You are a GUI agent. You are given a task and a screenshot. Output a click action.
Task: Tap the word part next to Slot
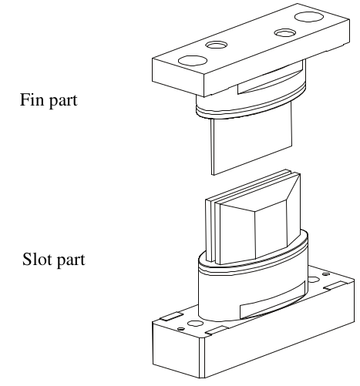click(x=70, y=260)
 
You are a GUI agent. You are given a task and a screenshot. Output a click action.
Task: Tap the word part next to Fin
click(x=62, y=101)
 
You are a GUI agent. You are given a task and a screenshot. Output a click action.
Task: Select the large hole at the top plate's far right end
click(x=309, y=17)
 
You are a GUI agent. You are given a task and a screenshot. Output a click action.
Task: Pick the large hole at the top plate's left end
click(x=193, y=61)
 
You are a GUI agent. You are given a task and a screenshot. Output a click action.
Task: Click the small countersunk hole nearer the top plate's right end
click(x=285, y=33)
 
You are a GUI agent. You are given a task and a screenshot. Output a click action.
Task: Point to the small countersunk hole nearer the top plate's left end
click(x=217, y=45)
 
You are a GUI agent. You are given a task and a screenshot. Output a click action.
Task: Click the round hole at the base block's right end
click(x=314, y=280)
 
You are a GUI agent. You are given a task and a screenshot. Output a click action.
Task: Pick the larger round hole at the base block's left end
click(x=195, y=324)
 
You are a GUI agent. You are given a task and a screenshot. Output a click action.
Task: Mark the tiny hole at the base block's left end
click(x=181, y=329)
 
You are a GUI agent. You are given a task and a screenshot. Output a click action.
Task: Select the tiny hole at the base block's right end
click(x=326, y=274)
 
